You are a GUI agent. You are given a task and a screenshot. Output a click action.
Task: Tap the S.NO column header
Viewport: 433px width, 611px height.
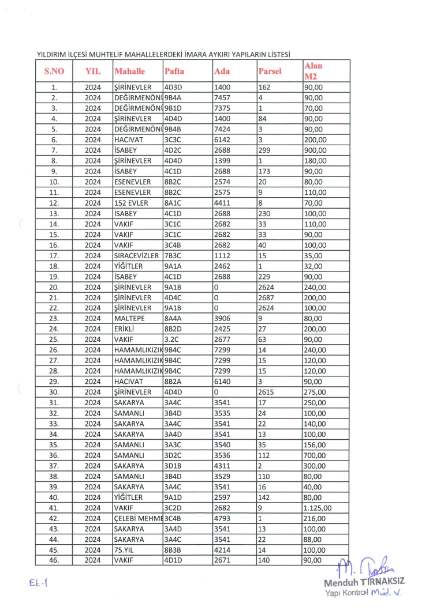[x=54, y=71]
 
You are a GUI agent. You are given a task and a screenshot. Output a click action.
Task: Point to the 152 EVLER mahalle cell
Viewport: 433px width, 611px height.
[x=129, y=203]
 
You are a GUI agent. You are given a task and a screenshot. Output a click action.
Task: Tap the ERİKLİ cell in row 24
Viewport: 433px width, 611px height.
[x=125, y=329]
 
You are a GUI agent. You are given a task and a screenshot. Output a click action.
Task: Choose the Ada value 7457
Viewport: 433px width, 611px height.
[x=222, y=97]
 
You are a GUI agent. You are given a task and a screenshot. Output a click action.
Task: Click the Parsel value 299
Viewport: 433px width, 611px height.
[x=264, y=150]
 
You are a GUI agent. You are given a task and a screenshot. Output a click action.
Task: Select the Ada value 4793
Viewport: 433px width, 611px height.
[x=222, y=519]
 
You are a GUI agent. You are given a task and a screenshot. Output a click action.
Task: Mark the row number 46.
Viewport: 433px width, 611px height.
[x=54, y=561]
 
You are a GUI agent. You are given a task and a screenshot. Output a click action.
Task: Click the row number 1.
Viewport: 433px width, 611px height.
[x=54, y=87]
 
